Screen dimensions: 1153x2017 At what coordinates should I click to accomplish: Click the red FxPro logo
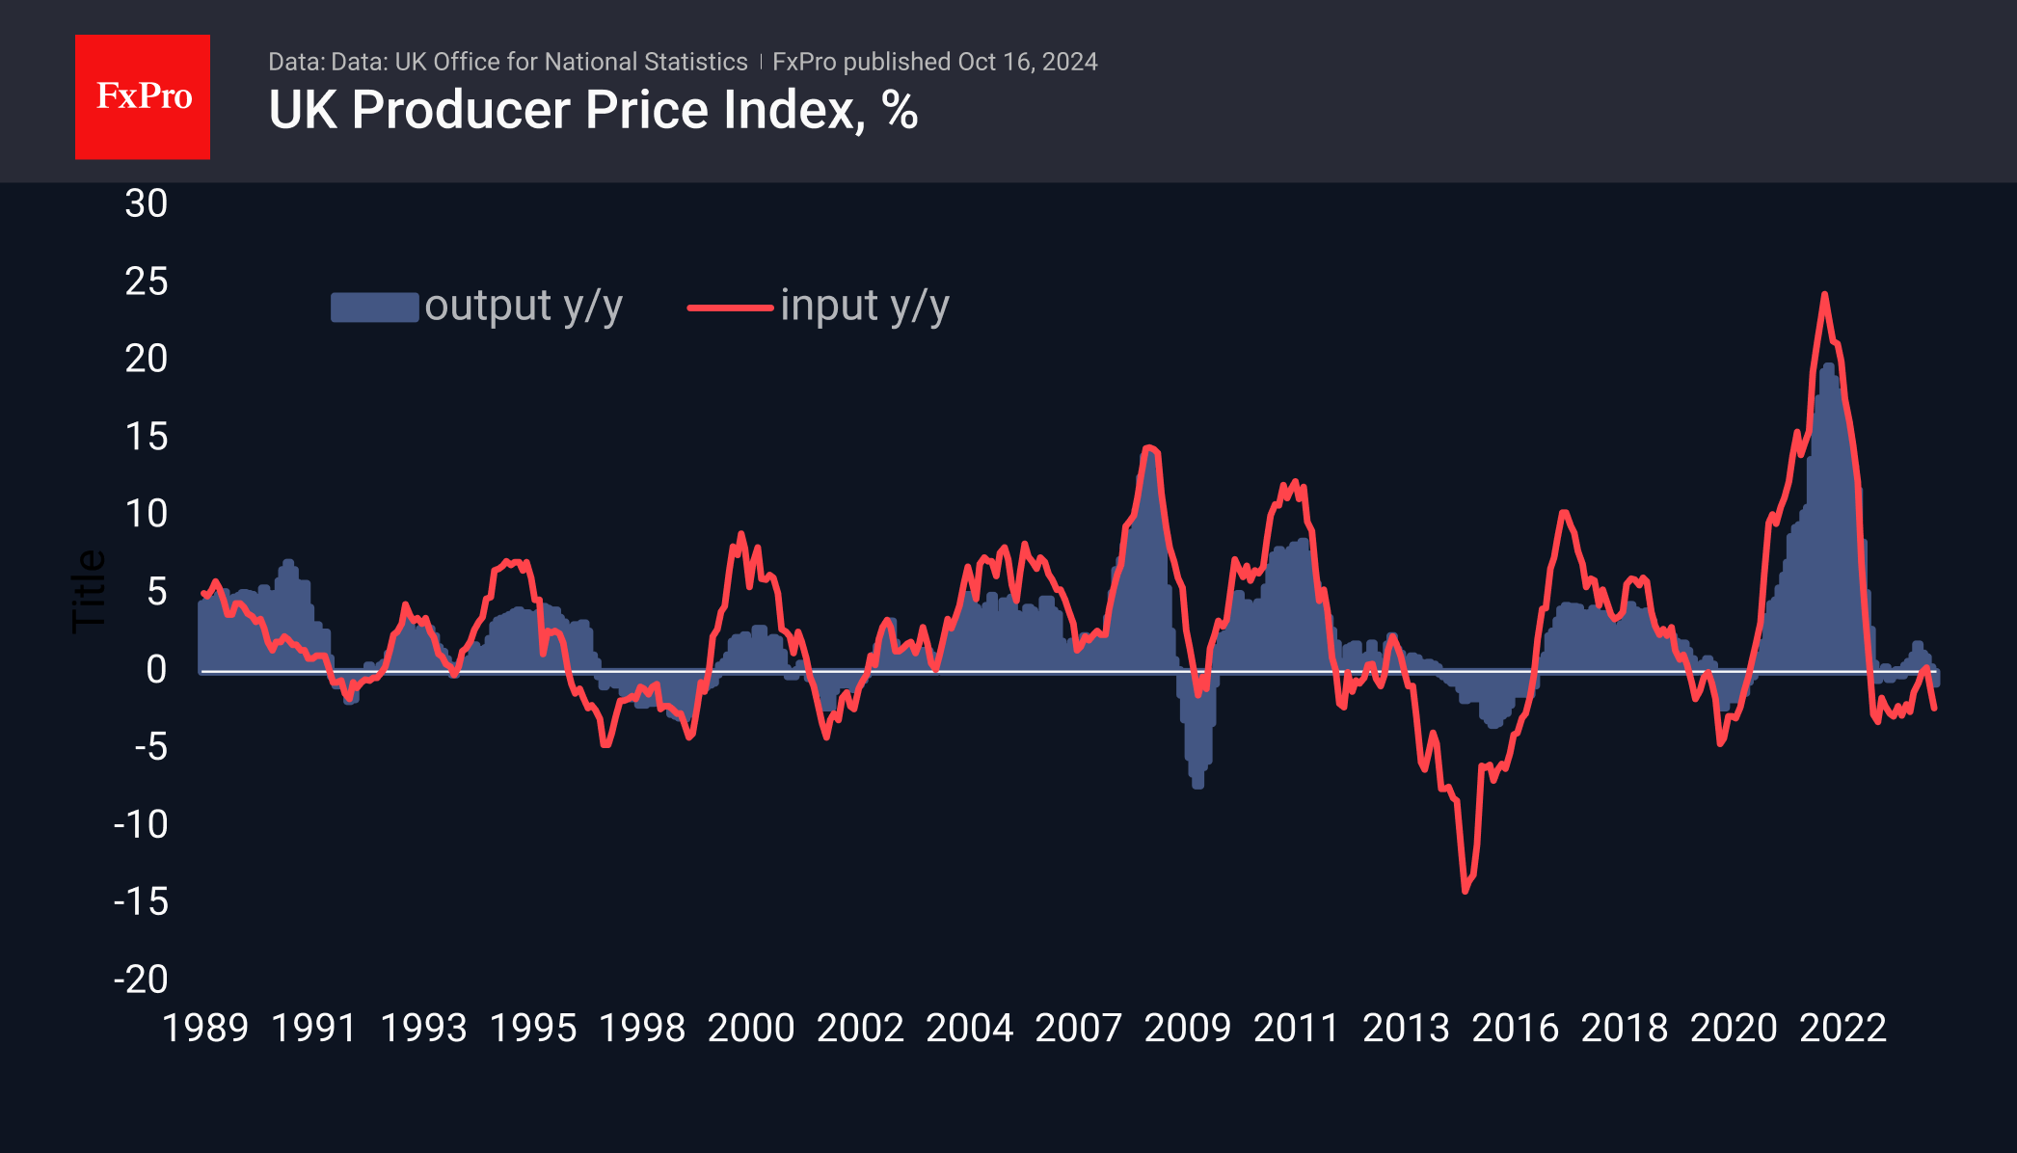pyautogui.click(x=143, y=96)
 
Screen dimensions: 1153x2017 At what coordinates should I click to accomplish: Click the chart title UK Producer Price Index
pyautogui.click(x=592, y=110)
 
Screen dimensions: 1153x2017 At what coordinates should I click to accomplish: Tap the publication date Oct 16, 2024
pyautogui.click(x=1028, y=62)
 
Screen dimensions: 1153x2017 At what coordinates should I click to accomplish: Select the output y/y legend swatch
pyautogui.click(x=374, y=307)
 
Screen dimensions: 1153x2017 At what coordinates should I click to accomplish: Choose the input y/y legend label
pyautogui.click(x=865, y=307)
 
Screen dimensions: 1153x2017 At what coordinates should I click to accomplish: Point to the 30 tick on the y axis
pyautogui.click(x=147, y=203)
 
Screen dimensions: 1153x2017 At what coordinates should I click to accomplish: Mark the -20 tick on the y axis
pyautogui.click(x=141, y=979)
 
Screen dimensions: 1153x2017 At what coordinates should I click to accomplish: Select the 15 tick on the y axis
pyautogui.click(x=147, y=437)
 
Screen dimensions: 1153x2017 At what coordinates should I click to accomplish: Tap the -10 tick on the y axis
pyautogui.click(x=141, y=824)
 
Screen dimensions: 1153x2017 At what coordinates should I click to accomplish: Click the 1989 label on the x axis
pyautogui.click(x=204, y=1029)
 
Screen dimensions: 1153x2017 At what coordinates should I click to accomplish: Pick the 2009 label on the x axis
pyautogui.click(x=1187, y=1029)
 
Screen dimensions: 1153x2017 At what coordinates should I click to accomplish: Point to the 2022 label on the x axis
pyautogui.click(x=1842, y=1029)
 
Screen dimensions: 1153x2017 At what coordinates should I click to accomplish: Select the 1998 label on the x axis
pyautogui.click(x=641, y=1029)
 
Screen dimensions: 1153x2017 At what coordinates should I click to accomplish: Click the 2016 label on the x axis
pyautogui.click(x=1515, y=1029)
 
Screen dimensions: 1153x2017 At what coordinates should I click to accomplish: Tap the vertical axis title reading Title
pyautogui.click(x=89, y=591)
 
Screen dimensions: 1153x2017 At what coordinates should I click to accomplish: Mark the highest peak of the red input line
pyautogui.click(x=1824, y=295)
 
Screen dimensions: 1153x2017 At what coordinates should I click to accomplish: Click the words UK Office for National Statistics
pyautogui.click(x=571, y=62)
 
